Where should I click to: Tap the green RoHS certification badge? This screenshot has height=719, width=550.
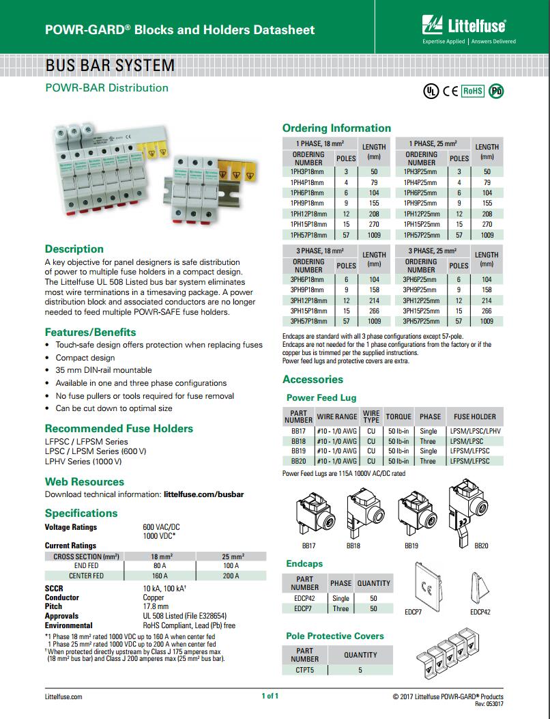[x=473, y=90]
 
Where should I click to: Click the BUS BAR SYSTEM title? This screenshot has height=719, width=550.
[x=109, y=66]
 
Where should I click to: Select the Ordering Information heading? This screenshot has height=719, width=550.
[x=336, y=128]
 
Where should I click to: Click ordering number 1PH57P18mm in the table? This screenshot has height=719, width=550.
[x=308, y=235]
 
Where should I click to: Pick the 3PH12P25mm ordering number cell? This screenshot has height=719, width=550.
[x=420, y=300]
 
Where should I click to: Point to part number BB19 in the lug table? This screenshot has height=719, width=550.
[x=298, y=451]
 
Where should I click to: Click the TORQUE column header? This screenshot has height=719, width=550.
[x=399, y=417]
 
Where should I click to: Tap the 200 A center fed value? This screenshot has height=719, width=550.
[x=231, y=576]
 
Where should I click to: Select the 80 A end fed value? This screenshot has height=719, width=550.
[x=160, y=566]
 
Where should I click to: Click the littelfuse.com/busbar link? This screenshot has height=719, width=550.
[x=204, y=494]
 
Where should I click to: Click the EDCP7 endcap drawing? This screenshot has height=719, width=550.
[x=428, y=585]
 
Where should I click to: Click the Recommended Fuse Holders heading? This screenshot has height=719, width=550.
[x=119, y=429]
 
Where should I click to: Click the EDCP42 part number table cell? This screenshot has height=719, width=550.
[x=304, y=598]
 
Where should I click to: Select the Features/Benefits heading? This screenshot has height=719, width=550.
[x=90, y=332]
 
